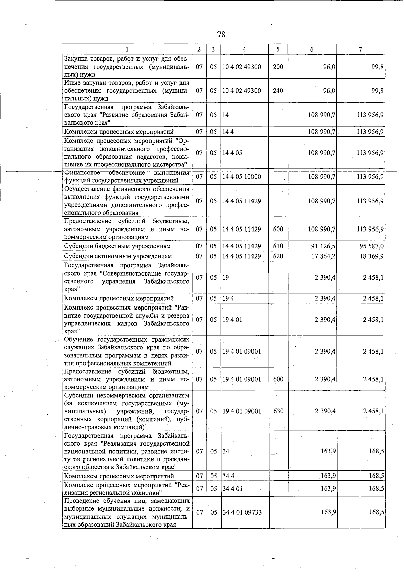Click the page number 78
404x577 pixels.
pyautogui.click(x=221, y=34)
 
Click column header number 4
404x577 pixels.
pyautogui.click(x=244, y=49)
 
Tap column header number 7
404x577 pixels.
pyautogui.click(x=360, y=49)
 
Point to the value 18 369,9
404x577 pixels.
pyautogui.click(x=371, y=256)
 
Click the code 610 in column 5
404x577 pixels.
pyautogui.click(x=278, y=246)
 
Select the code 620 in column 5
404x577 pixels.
pyautogui.click(x=278, y=256)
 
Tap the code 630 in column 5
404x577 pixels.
pyautogui.click(x=278, y=411)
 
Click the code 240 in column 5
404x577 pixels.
pyautogui.click(x=278, y=91)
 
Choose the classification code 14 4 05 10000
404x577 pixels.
pyautogui.click(x=241, y=177)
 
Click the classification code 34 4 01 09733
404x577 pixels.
pyautogui.click(x=242, y=512)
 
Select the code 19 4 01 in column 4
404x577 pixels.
pyautogui.click(x=232, y=320)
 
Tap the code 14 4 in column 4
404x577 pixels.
pyautogui.click(x=228, y=132)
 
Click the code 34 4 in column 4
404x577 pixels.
pyautogui.click(x=228, y=476)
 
